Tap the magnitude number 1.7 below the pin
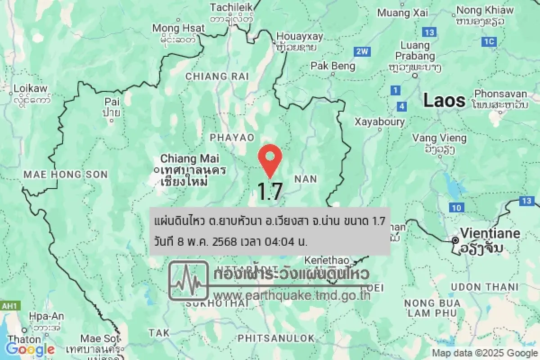tap(270, 191)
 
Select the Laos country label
tap(444, 100)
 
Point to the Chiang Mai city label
tap(190, 159)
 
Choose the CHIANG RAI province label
tap(217, 76)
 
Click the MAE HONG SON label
tap(66, 174)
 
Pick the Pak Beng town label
tap(333, 66)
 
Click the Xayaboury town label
tap(379, 121)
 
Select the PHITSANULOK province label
tap(276, 338)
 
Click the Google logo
tap(30, 349)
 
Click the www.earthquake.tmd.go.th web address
tap(292, 295)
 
